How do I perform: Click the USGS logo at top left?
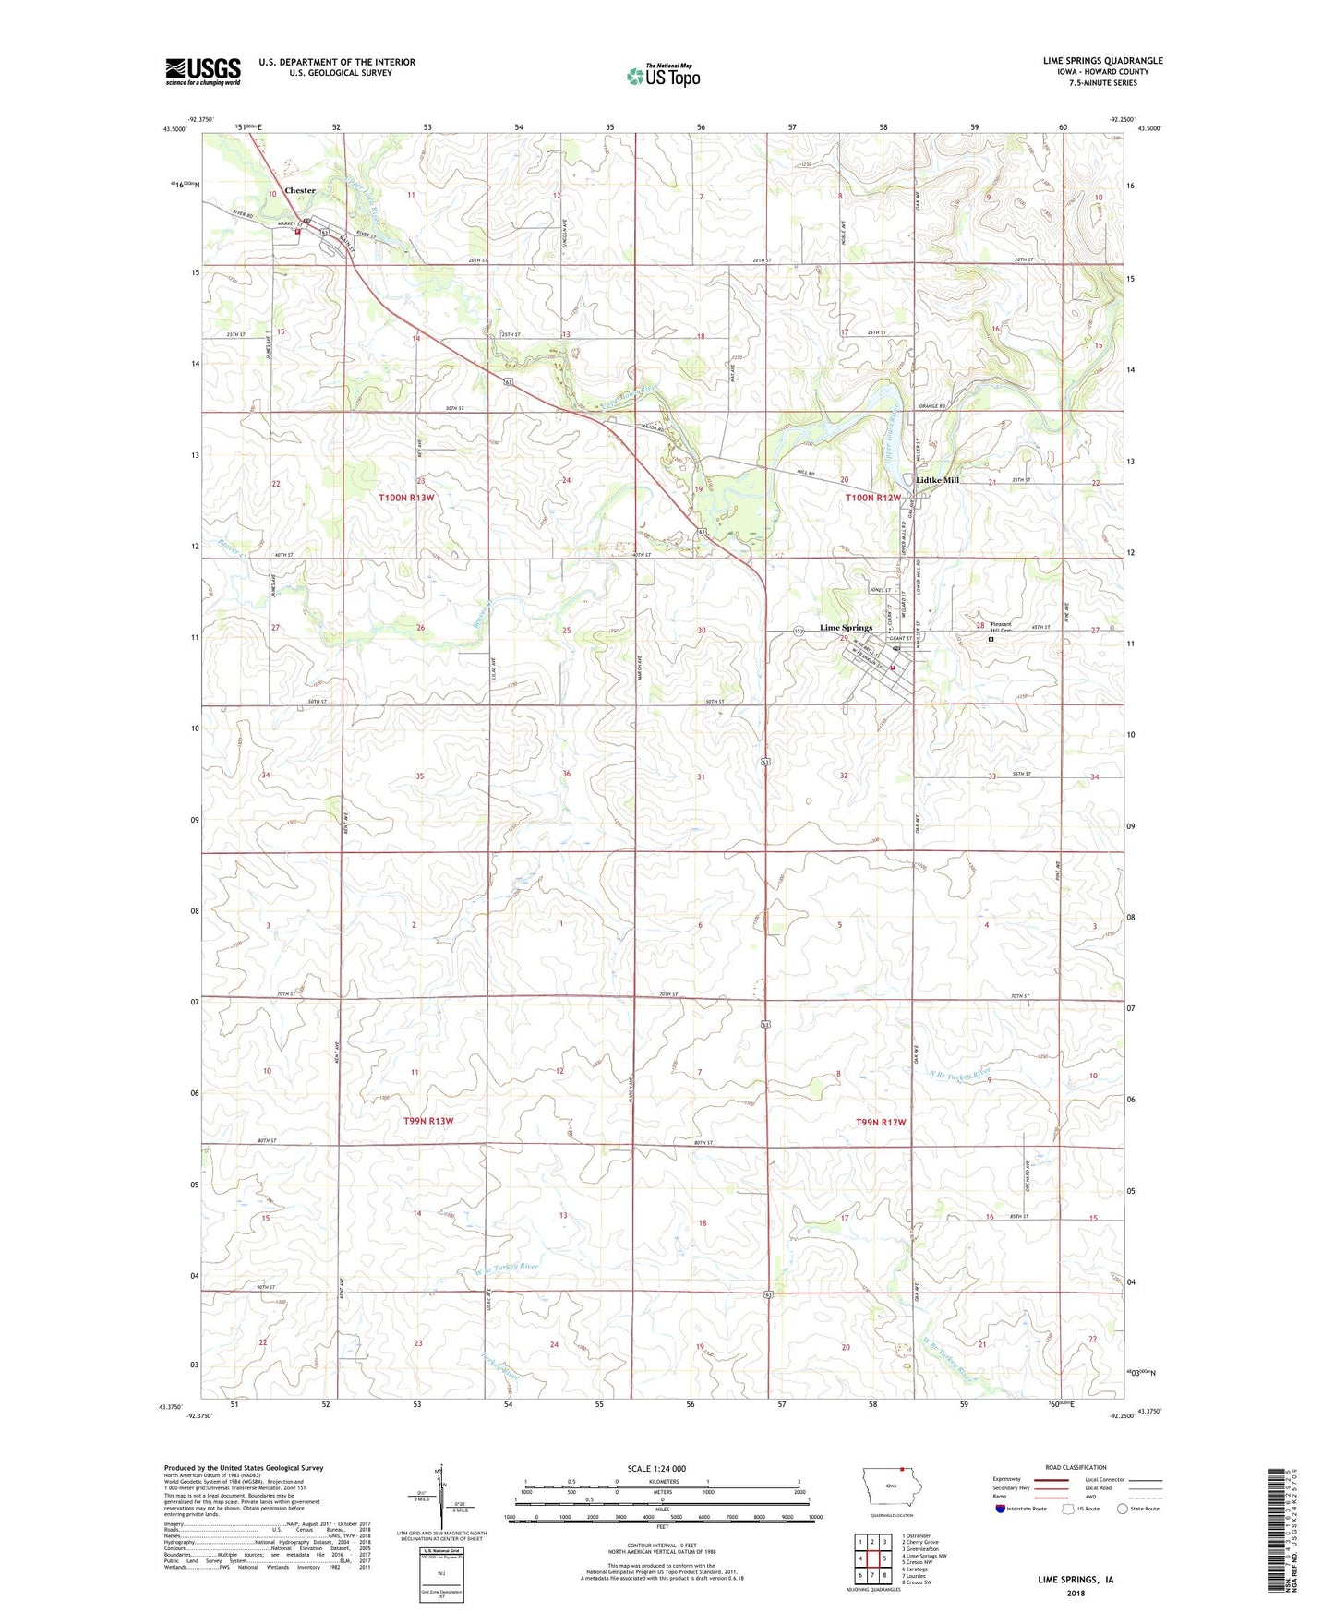203,71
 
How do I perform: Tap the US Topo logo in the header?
662,76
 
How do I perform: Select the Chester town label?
300,190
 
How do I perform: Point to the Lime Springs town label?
846,628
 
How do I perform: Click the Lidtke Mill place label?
937,480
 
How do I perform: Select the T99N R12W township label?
881,1122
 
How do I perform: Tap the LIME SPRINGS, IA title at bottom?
1076,1580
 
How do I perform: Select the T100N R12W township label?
873,498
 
